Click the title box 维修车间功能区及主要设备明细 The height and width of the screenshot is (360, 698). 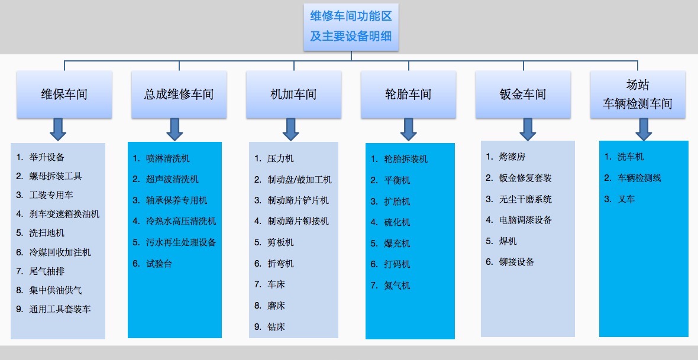pyautogui.click(x=351, y=27)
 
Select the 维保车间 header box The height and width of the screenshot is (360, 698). pyautogui.click(x=64, y=95)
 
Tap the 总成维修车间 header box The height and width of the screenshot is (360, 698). pyautogui.click(x=179, y=95)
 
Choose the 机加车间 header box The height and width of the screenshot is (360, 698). pyautogui.click(x=294, y=95)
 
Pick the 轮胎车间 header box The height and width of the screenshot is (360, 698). pyautogui.click(x=408, y=95)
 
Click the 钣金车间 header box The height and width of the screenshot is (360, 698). pyautogui.click(x=523, y=95)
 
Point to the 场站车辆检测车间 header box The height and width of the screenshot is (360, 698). pyautogui.click(x=638, y=95)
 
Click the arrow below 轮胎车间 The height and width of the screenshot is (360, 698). pyautogui.click(x=408, y=129)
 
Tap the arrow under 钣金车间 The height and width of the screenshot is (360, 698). pyautogui.click(x=528, y=129)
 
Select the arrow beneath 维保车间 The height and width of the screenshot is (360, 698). pyautogui.click(x=58, y=129)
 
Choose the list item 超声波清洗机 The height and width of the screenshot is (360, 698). pyautogui.click(x=172, y=179)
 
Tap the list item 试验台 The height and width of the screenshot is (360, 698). pyautogui.click(x=159, y=264)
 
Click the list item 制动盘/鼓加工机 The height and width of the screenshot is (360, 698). pyautogui.click(x=299, y=180)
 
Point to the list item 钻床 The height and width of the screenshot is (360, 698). pyautogui.click(x=276, y=327)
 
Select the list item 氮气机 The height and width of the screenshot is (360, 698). pyautogui.click(x=397, y=286)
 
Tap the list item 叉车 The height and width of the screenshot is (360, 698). pyautogui.click(x=626, y=199)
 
